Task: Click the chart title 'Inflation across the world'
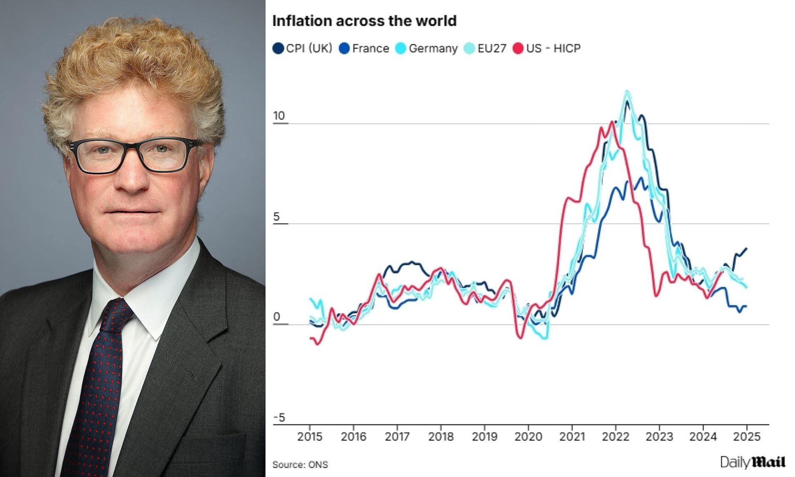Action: click(x=364, y=21)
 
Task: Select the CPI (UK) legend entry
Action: click(x=302, y=48)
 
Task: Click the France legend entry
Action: click(x=364, y=48)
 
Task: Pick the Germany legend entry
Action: click(x=426, y=48)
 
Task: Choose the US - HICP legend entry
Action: click(x=547, y=48)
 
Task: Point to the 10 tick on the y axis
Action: click(x=279, y=116)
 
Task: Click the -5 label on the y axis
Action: click(x=279, y=417)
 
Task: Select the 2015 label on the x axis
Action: click(x=310, y=437)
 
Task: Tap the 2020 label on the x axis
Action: click(x=528, y=437)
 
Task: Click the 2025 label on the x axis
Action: click(x=747, y=437)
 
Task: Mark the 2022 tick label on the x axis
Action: click(x=615, y=437)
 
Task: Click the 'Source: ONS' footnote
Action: click(x=300, y=465)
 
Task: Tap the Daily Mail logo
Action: click(x=752, y=462)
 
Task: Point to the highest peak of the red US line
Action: click(x=612, y=122)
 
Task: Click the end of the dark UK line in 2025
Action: click(x=746, y=248)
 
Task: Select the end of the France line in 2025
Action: click(x=746, y=306)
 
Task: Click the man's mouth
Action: click(x=132, y=211)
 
